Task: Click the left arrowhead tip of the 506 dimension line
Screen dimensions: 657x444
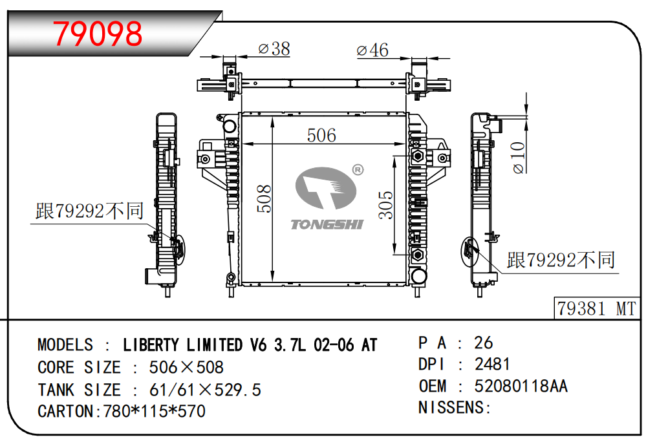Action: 242,144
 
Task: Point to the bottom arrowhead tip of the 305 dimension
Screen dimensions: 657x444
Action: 394,254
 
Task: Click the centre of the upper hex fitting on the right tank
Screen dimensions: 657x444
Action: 417,156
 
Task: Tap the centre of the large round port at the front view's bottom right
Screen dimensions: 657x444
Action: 418,276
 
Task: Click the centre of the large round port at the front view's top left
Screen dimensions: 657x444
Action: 230,125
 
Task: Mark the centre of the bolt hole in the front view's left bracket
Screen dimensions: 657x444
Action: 206,159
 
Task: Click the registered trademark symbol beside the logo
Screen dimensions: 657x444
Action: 358,169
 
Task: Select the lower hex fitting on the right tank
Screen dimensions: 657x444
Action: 417,254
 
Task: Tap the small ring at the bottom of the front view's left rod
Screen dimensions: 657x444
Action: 230,277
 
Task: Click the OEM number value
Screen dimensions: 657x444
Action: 521,386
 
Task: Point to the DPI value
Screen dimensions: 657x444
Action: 492,365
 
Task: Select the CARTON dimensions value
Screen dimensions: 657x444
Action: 154,411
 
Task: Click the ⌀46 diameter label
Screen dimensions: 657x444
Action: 372,50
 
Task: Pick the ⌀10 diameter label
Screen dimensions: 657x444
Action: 518,158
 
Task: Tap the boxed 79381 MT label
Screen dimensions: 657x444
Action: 597,309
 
